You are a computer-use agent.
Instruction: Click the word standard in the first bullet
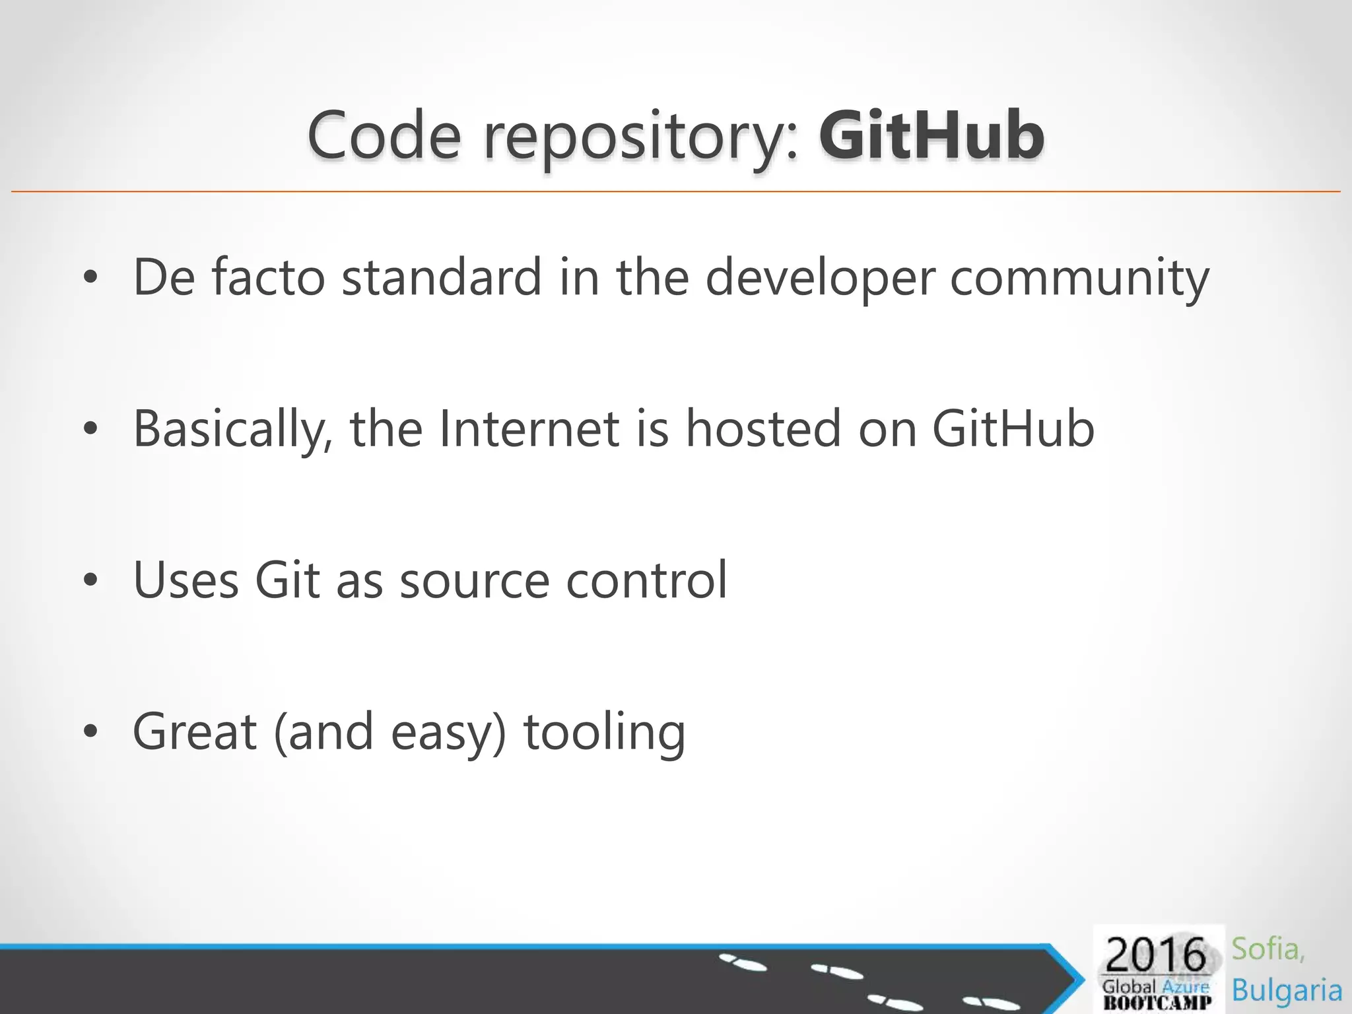click(x=442, y=277)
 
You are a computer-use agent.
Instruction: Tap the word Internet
click(x=529, y=429)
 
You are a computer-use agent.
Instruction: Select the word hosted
click(x=763, y=429)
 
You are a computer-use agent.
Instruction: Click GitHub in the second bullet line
click(x=1013, y=429)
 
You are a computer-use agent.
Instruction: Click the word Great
click(x=195, y=731)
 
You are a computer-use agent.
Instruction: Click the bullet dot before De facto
click(x=91, y=278)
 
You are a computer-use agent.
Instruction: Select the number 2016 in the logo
click(x=1155, y=955)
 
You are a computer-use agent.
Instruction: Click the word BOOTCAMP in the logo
click(x=1157, y=1003)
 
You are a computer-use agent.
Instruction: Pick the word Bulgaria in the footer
click(x=1287, y=990)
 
